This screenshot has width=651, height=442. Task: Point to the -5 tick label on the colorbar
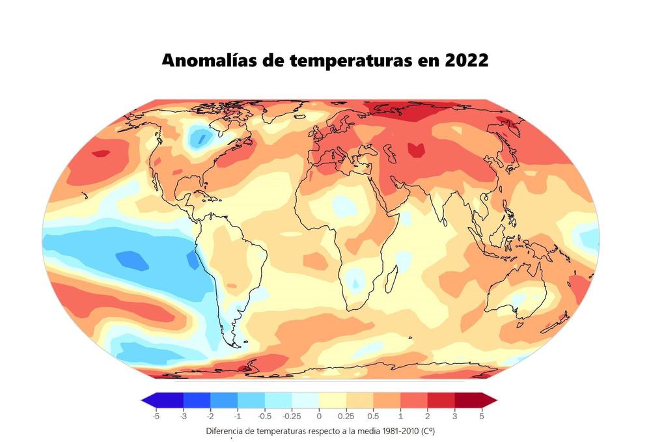(156, 415)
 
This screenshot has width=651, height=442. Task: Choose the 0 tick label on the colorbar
(319, 415)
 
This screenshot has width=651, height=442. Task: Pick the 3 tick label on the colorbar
(454, 415)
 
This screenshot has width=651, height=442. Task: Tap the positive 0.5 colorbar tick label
(373, 415)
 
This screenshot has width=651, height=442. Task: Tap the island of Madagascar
(393, 281)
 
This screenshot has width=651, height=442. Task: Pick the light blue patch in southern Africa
(355, 281)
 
